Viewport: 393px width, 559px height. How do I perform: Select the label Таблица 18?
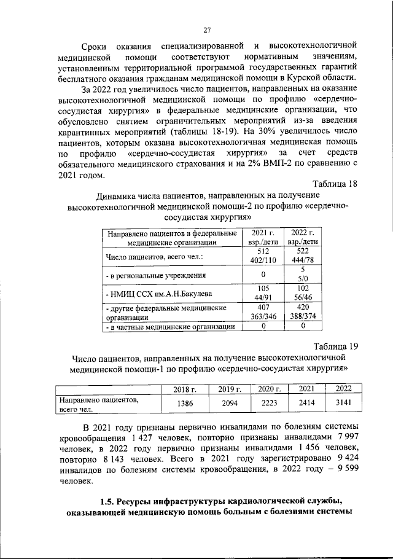(x=335, y=184)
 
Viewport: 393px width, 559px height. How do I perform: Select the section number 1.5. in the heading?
(x=110, y=498)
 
